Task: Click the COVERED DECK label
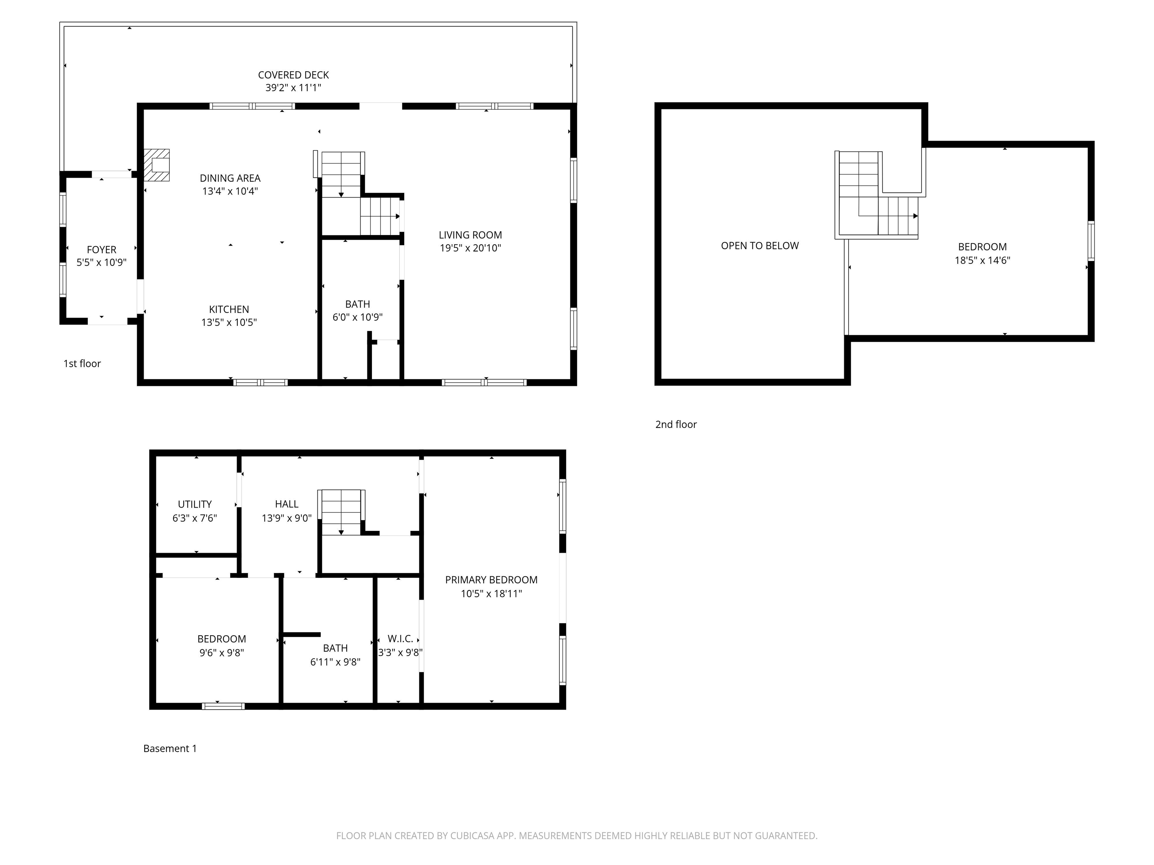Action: [x=293, y=75]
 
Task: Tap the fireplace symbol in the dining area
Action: [x=157, y=165]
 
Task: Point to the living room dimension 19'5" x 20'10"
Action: [x=470, y=248]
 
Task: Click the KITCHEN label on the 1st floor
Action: [x=229, y=309]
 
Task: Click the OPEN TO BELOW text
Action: [x=760, y=246]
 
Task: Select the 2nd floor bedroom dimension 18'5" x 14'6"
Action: [x=982, y=260]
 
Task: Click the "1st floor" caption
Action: [x=82, y=363]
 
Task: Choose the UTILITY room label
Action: [x=195, y=504]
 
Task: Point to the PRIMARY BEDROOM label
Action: [x=491, y=580]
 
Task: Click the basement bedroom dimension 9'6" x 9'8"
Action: [x=221, y=653]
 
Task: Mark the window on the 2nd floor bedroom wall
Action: [x=1091, y=241]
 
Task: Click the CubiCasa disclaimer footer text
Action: [x=577, y=836]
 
